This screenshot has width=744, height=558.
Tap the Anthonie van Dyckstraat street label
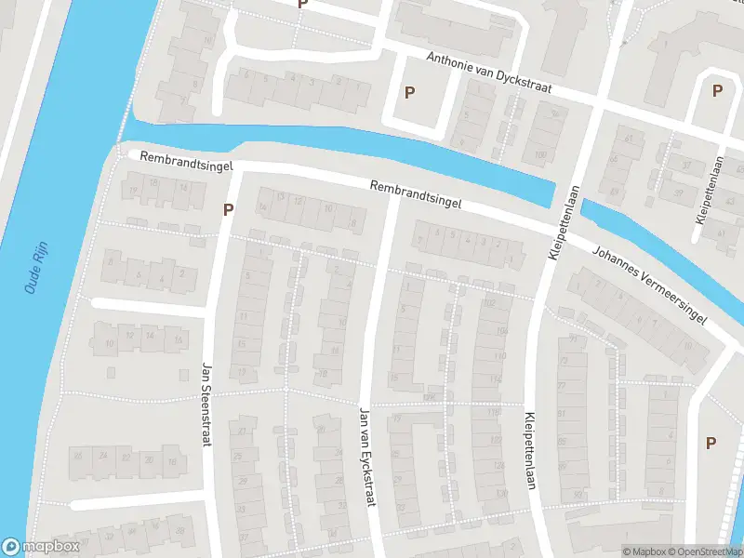pyautogui.click(x=489, y=73)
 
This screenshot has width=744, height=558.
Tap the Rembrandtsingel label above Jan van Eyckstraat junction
pyautogui.click(x=414, y=194)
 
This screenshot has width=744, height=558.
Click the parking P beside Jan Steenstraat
pyautogui.click(x=227, y=210)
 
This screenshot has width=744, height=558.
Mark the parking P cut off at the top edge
pyautogui.click(x=301, y=5)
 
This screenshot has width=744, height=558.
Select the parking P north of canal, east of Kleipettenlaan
pyautogui.click(x=717, y=90)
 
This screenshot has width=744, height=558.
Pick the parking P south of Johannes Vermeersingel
pyautogui.click(x=711, y=443)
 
